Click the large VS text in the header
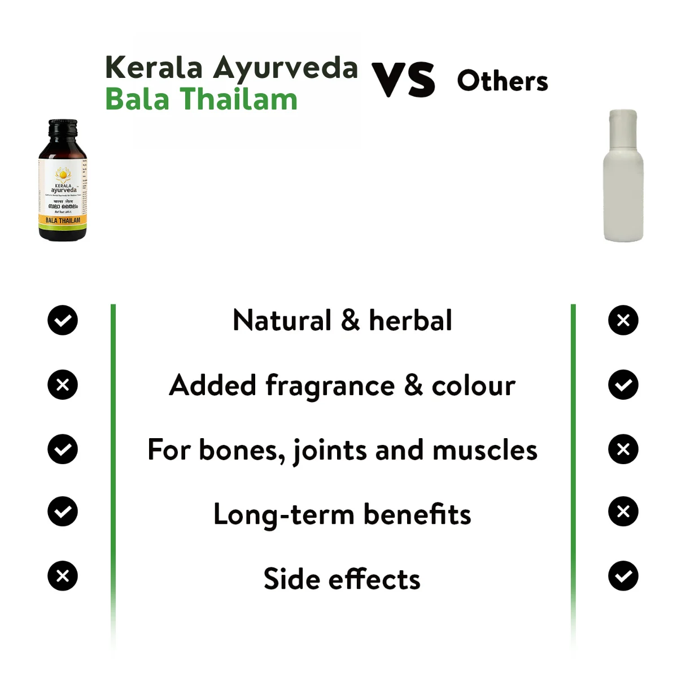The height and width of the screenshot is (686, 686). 403,80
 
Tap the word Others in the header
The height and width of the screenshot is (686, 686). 502,81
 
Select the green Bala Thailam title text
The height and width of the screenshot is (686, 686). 201,99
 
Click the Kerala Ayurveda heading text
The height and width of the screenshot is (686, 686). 231,67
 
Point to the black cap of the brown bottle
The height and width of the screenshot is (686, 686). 63,130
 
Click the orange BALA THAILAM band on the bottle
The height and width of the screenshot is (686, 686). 63,220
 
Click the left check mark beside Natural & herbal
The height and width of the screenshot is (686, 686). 63,320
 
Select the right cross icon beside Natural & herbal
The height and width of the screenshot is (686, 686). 623,320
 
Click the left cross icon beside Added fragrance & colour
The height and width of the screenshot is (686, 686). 63,385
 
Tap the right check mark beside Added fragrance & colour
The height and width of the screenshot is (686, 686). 623,385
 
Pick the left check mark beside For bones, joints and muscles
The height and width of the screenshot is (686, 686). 63,449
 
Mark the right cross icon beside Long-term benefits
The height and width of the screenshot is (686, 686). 623,512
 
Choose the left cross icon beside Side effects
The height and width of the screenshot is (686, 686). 63,576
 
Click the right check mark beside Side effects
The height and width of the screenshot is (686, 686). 623,576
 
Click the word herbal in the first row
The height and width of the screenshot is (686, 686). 410,320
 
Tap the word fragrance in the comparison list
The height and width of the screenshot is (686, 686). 330,386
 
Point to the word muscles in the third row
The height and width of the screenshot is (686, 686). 484,450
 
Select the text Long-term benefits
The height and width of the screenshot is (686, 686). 342,514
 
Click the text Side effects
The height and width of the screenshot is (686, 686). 342,579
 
